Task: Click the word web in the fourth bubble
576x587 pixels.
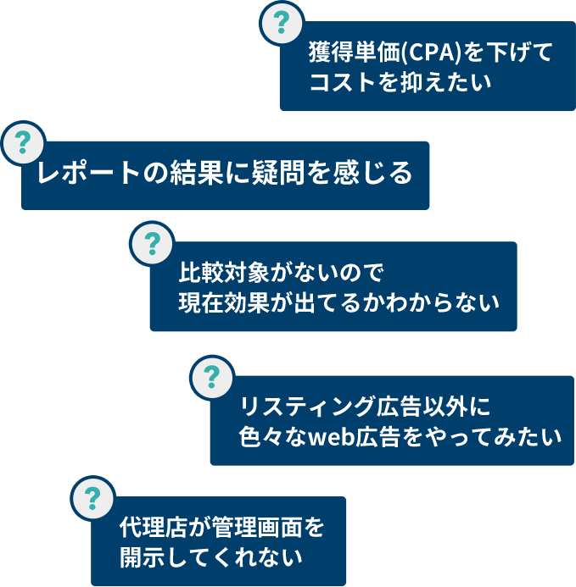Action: [331, 437]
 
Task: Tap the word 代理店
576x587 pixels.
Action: [149, 528]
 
